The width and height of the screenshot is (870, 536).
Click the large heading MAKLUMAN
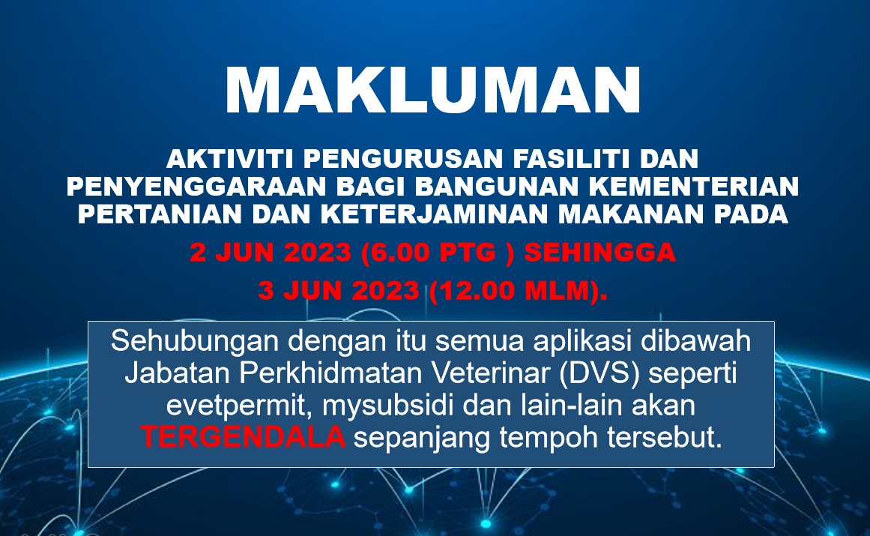(433, 91)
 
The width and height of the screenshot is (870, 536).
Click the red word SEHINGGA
(599, 253)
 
